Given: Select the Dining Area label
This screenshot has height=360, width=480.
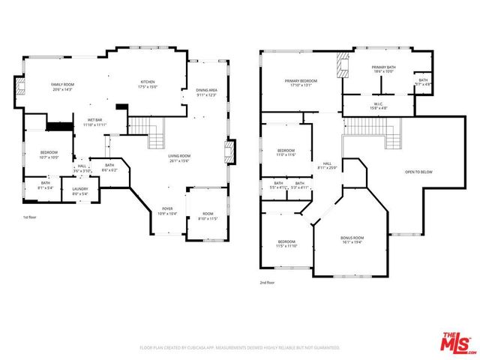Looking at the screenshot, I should (206, 92).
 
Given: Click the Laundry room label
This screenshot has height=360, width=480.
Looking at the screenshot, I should (80, 191).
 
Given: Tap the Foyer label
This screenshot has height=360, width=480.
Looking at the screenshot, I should (167, 211).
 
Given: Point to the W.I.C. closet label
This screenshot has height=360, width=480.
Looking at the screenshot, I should (379, 106).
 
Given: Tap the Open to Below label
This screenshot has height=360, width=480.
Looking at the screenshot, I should (418, 172).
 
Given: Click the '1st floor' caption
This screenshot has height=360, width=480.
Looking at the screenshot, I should (31, 217).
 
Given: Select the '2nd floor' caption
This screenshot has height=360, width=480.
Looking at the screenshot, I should (267, 283).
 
